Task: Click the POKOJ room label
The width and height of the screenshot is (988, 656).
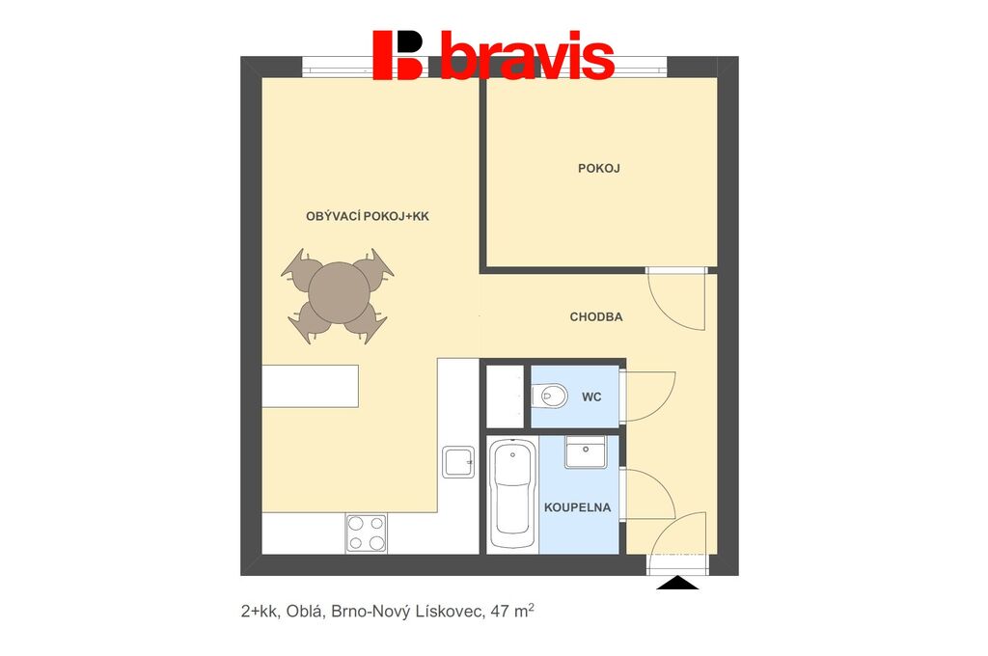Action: (x=598, y=168)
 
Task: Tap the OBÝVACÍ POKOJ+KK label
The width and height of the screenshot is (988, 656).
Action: (x=368, y=216)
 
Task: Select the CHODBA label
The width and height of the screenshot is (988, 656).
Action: (x=596, y=317)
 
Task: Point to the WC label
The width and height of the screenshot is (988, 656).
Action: (x=591, y=397)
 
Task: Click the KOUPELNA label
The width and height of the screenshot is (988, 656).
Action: (x=577, y=507)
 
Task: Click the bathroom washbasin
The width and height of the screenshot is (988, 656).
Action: (x=586, y=451)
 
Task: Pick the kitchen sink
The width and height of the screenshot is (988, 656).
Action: (x=458, y=462)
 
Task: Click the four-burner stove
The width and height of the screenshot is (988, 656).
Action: (x=366, y=533)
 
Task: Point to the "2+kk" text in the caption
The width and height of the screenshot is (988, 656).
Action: (x=259, y=612)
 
